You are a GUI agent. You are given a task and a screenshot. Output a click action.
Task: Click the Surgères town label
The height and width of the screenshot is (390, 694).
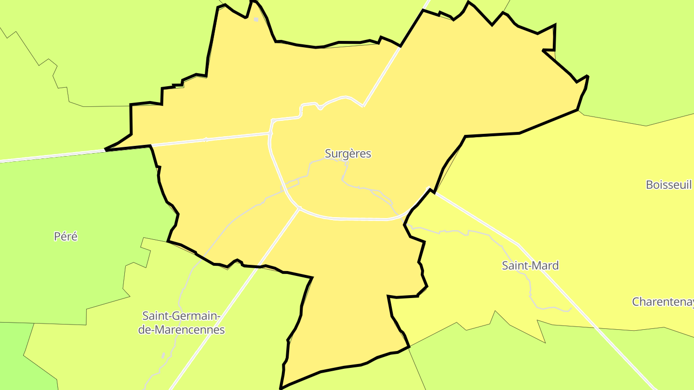click(x=348, y=154)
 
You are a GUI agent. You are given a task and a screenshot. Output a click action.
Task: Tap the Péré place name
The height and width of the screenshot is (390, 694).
click(x=66, y=236)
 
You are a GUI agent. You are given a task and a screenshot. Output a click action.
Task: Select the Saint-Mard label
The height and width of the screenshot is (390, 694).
click(x=530, y=265)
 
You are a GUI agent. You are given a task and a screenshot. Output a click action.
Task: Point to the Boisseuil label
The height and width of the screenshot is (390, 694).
click(x=668, y=184)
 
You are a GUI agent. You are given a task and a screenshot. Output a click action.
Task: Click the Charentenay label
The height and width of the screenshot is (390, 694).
click(x=663, y=302)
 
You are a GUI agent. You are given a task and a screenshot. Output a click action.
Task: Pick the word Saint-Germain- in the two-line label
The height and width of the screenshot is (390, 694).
click(x=181, y=316)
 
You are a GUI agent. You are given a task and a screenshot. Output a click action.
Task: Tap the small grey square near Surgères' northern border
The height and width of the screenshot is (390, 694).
click(x=256, y=20)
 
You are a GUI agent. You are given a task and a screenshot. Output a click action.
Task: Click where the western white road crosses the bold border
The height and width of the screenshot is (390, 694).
click(x=106, y=150)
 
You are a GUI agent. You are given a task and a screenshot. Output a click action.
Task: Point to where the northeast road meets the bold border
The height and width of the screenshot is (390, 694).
click(x=400, y=46)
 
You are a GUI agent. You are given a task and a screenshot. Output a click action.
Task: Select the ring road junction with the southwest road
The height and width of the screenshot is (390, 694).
click(x=299, y=208)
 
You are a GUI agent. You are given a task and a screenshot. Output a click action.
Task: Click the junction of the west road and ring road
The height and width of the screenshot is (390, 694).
click(x=270, y=133)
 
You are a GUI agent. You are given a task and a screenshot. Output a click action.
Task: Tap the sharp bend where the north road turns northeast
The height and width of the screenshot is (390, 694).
click(x=363, y=106)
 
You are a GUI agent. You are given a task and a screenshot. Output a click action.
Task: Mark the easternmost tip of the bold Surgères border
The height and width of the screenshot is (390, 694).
click(x=588, y=76)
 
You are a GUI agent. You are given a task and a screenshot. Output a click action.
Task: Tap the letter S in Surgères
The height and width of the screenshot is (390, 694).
click(x=328, y=154)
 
